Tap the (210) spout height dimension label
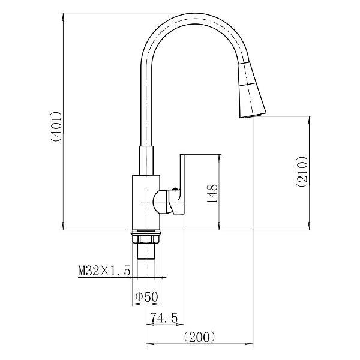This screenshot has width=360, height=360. pos(301,172)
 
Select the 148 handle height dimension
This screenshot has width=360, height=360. pos(212,194)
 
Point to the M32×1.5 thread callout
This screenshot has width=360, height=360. pos(104,271)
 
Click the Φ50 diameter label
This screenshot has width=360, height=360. pos(146,296)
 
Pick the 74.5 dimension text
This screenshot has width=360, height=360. pos(164,318)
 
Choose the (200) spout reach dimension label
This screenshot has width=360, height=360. pos(200,337)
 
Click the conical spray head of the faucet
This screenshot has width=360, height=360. pos(251,90)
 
